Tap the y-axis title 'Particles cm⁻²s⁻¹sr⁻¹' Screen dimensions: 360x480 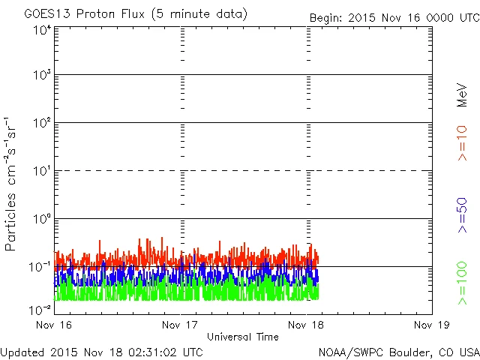(12, 184)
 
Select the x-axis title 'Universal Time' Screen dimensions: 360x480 (242, 337)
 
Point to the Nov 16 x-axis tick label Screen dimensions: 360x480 (54, 325)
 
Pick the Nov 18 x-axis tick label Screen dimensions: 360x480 (307, 325)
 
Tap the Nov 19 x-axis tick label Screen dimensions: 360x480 (431, 325)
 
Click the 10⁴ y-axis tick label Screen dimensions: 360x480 (42, 30)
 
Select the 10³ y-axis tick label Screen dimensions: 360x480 (42, 76)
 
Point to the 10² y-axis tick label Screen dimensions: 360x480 (42, 124)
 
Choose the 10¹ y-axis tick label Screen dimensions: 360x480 (42, 172)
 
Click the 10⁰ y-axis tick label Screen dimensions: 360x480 (42, 220)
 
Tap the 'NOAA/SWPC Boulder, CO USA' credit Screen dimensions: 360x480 (398, 351)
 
